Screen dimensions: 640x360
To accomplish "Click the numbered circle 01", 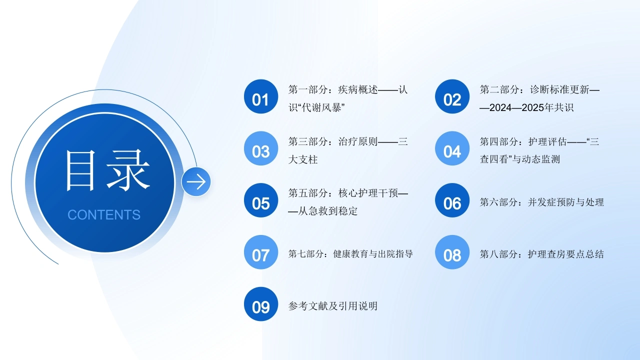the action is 261,96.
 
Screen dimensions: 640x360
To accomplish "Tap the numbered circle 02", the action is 452,96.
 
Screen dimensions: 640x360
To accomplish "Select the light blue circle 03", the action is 261,148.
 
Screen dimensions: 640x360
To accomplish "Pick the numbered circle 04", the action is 452,148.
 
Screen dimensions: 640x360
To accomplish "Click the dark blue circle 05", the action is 261,200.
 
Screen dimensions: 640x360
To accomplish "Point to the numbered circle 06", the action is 452,200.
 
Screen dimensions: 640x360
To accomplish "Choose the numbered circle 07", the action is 261,252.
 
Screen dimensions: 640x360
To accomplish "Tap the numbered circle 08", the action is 452,252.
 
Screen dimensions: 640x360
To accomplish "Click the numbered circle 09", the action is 261,304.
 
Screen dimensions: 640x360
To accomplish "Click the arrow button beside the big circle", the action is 196,181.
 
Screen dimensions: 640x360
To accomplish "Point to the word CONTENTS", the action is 104,215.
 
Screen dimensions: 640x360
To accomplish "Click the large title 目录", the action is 107,170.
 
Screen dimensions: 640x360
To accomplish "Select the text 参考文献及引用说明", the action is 333,306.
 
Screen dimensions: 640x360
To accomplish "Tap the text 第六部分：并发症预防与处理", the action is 541,202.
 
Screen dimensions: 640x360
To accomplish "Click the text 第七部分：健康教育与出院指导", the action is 350,253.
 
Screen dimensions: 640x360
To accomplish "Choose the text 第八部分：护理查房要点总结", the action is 541,254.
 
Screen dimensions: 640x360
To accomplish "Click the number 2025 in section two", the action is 533,107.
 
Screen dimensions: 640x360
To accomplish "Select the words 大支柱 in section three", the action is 303,159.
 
